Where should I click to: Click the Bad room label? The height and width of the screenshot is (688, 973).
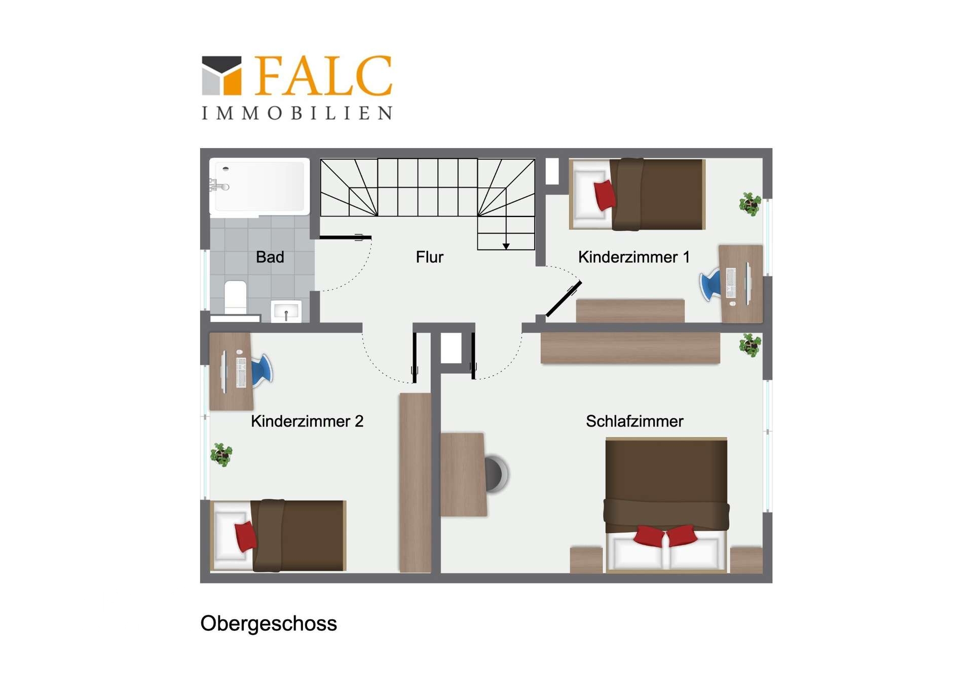pos(270,257)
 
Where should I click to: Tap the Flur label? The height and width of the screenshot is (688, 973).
pos(429,257)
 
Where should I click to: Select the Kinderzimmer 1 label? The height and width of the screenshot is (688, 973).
pos(633,257)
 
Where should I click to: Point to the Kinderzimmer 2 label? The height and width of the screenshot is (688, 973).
pos(307,421)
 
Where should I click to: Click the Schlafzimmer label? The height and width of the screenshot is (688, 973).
pos(634,421)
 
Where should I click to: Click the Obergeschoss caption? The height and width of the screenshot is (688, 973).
pos(269,623)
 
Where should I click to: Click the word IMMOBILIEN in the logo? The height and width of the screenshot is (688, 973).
pos(297,113)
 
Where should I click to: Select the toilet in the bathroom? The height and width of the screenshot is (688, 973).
pos(235,297)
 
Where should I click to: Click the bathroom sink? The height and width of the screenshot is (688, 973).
pos(286,311)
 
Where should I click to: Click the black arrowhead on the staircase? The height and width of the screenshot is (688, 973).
pos(506,246)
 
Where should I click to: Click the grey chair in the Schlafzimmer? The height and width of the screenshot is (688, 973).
pos(496,474)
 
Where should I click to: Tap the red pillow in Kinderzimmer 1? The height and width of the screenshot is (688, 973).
pos(604,195)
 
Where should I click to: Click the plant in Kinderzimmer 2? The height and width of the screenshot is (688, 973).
pos(221,454)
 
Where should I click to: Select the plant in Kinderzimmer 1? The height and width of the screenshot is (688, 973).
pos(750,204)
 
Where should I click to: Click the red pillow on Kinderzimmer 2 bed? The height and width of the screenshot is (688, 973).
pos(246,536)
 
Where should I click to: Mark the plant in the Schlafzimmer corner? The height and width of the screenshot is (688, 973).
pos(750,345)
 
